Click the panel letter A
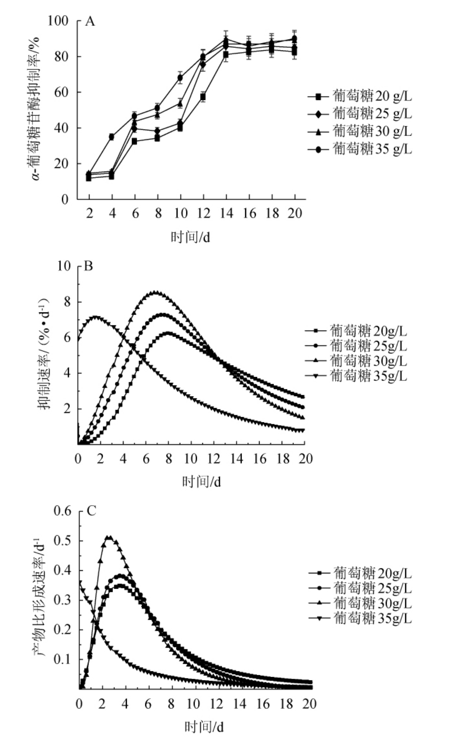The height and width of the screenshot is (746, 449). tap(90, 21)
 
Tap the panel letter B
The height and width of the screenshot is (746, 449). tap(88, 266)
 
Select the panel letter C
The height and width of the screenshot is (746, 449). tap(91, 511)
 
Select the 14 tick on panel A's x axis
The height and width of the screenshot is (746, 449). tap(226, 213)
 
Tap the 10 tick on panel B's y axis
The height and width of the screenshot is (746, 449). tap(64, 266)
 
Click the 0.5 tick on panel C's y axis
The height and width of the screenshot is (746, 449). tap(62, 541)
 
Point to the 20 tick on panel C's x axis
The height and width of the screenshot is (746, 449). tap(309, 704)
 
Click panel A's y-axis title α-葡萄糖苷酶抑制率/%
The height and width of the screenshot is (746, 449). tap(37, 108)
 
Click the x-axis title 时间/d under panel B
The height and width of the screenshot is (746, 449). tap(201, 481)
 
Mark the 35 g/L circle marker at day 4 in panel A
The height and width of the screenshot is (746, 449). tap(112, 137)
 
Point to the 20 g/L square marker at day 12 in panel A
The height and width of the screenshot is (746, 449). tap(203, 97)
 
